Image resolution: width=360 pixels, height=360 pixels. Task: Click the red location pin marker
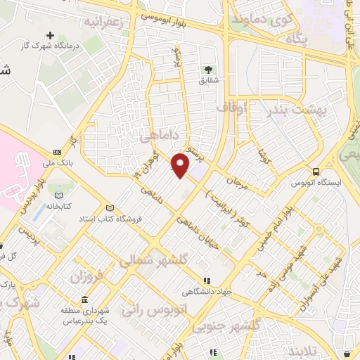coord(181,165)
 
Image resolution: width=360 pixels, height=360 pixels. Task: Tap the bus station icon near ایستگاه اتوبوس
coord(316,171)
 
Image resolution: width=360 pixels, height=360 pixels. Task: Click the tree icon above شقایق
coord(208,70)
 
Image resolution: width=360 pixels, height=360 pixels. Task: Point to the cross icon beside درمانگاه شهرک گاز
coord(49,34)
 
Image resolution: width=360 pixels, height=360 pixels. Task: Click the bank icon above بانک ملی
coord(57,151)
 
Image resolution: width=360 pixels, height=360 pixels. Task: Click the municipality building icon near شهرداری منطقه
coord(84,301)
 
